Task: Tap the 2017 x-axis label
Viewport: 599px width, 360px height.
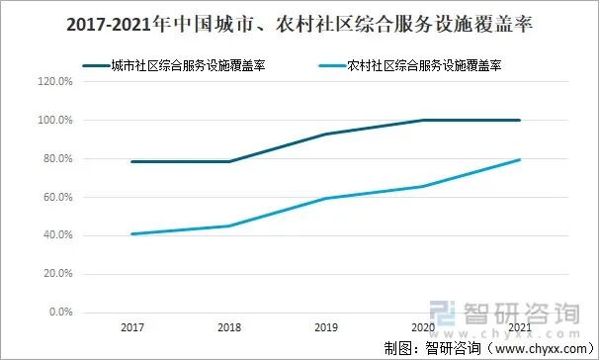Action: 131,325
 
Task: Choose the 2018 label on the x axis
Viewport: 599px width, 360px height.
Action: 228,325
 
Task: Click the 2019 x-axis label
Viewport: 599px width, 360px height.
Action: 325,325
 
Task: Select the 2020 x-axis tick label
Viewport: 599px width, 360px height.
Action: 422,325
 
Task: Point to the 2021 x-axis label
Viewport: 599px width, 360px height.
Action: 519,325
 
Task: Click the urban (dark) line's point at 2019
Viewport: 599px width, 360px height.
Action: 325,135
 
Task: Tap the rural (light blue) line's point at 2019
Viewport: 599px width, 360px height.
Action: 325,199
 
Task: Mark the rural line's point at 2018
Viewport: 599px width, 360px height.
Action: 228,226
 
